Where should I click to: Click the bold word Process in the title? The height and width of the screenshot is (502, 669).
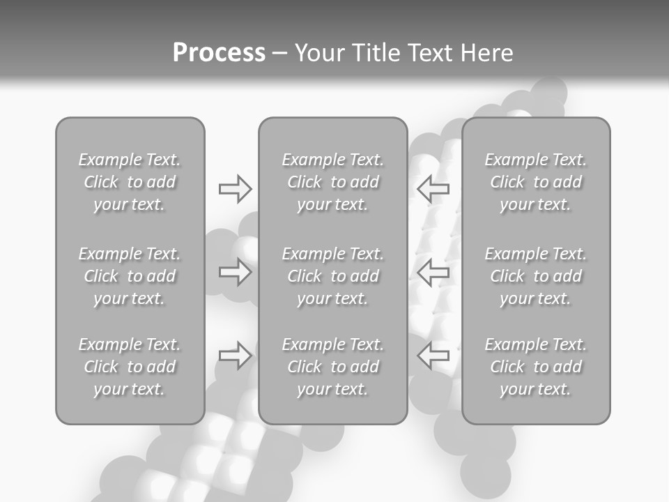pos(219,52)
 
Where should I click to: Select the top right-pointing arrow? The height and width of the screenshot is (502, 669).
pos(235,188)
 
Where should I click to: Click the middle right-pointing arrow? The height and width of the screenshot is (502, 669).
pos(235,272)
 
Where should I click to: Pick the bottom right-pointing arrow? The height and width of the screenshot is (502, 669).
pos(235,356)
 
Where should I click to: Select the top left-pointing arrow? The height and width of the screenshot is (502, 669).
pos(433,188)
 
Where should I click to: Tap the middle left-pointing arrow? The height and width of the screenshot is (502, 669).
pos(433,272)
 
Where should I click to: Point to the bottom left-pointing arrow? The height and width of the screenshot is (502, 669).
pos(433,356)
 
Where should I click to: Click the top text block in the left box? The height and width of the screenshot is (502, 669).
pos(130,182)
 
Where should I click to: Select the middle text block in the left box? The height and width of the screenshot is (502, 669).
pos(130,276)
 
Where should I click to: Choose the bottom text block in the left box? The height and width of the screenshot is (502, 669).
pos(130,367)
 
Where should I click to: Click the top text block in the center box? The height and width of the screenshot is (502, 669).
pos(332,182)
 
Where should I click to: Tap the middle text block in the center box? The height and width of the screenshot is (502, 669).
pos(332,276)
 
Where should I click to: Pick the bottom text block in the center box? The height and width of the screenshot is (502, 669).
pos(332,367)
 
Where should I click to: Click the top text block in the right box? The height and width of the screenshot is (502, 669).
pos(535,182)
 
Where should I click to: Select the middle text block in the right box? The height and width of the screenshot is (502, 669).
pos(535,276)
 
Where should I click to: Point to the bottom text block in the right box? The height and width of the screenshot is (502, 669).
pos(535,367)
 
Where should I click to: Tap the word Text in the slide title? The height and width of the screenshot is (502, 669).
pos(427,53)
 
